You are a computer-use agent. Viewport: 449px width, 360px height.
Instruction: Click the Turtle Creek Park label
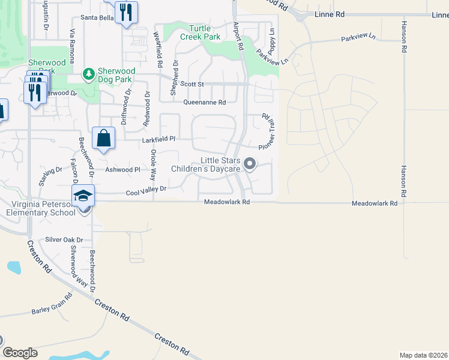coord(204,33)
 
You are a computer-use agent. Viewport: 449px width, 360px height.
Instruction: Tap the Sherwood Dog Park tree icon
coord(89,74)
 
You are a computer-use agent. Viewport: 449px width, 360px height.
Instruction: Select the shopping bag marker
coord(104,138)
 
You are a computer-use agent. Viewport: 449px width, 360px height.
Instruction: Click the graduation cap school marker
coord(83,196)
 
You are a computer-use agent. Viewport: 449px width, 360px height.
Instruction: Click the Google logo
coord(20,353)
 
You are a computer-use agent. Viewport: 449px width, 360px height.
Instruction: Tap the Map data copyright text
coord(423,355)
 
